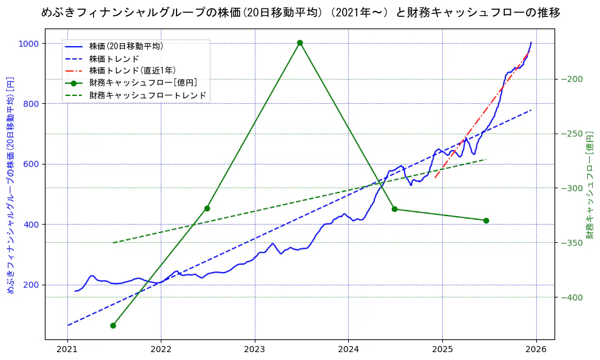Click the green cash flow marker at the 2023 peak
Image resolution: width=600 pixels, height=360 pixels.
(x=300, y=42)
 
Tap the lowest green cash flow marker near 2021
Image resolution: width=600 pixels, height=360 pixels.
(x=113, y=325)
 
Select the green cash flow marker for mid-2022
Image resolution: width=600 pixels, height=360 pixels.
(x=207, y=208)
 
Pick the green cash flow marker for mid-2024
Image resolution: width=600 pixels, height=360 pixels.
(x=394, y=209)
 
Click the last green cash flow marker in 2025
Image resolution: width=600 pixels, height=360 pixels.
(x=486, y=220)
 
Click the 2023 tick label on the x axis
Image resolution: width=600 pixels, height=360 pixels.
(x=255, y=350)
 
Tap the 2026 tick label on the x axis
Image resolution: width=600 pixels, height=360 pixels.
(x=536, y=350)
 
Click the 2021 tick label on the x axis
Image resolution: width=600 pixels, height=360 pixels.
(x=67, y=350)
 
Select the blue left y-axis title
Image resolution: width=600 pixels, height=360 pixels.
(x=10, y=185)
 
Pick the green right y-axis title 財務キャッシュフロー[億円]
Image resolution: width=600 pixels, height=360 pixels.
(x=589, y=185)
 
